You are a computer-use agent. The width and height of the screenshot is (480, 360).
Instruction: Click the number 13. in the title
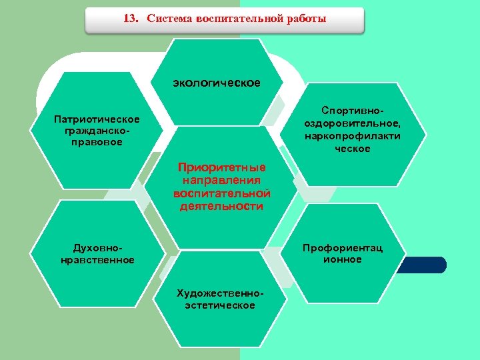131,19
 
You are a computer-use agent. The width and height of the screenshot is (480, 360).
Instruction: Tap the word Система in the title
169,19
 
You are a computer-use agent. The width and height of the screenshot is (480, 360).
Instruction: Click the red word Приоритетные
221,167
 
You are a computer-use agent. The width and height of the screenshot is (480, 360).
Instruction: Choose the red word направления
221,180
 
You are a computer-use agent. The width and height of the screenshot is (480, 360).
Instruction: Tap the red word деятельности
221,207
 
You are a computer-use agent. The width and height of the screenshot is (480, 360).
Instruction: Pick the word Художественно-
220,293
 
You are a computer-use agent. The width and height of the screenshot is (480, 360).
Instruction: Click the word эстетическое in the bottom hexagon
220,305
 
